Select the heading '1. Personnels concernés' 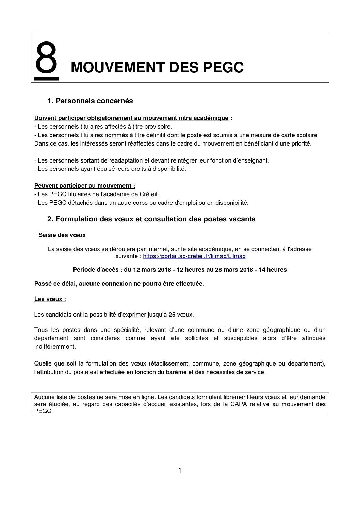(90, 101)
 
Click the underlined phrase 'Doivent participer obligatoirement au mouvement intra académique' (131, 118)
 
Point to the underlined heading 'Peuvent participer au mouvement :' (85, 186)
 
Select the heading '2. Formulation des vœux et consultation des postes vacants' (151, 219)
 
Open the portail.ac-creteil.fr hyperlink (194, 256)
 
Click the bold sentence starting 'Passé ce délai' (119, 284)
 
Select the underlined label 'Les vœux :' (50, 299)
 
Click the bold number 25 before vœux (172, 315)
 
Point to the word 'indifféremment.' (55, 346)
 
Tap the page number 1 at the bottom (180, 471)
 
